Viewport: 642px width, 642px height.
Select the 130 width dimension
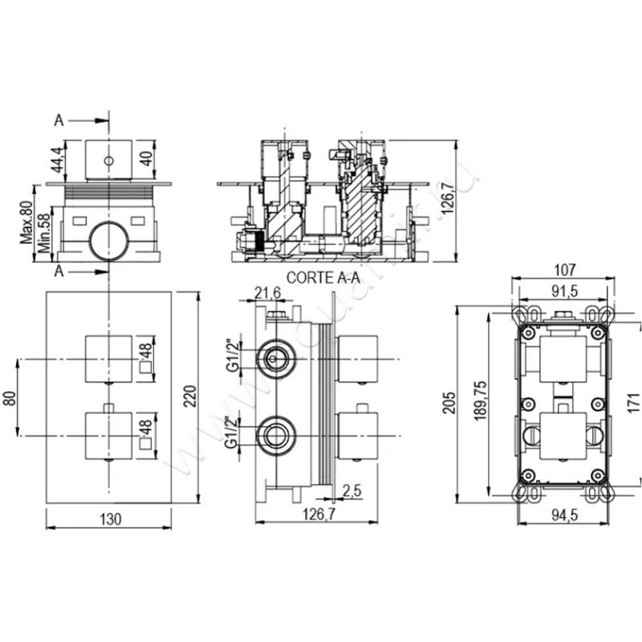point(111,519)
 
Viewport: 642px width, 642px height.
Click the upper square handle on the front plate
point(108,357)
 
